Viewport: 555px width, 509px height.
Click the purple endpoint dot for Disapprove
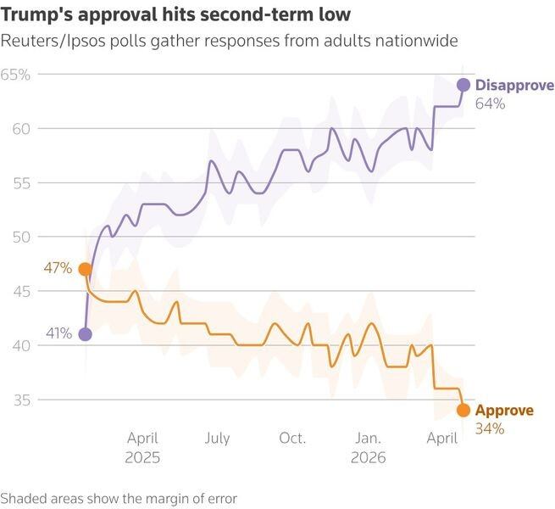[x=463, y=85]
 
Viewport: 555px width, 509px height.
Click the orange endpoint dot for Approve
[x=463, y=411]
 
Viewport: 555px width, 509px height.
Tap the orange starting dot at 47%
[x=85, y=269]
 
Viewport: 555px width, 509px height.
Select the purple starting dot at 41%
[x=85, y=334]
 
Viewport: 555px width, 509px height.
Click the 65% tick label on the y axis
[x=15, y=75]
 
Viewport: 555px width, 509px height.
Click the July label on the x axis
[x=217, y=439]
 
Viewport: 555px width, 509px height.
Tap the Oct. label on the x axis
[x=292, y=439]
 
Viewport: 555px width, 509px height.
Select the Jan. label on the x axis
[x=368, y=439]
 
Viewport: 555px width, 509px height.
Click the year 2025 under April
[x=143, y=456]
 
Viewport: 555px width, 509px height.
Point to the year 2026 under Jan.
[x=368, y=456]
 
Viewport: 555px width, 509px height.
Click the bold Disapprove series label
[x=514, y=85]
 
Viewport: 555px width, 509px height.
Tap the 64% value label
[x=490, y=103]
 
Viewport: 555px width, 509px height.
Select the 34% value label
[x=490, y=429]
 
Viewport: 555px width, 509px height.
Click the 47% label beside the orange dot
[x=57, y=269]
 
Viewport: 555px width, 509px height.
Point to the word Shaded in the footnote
[x=23, y=498]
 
